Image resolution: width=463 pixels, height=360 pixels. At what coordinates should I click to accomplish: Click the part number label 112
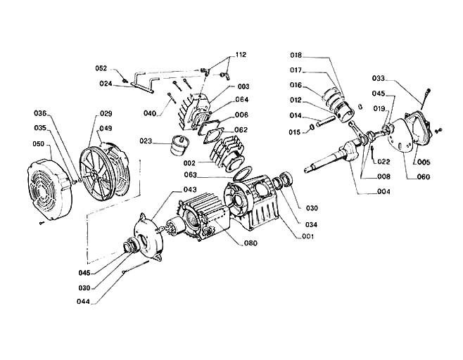pyautogui.click(x=241, y=55)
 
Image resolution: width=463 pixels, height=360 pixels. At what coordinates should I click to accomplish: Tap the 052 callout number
pyautogui.click(x=101, y=68)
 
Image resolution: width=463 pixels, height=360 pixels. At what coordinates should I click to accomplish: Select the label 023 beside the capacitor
pyautogui.click(x=146, y=141)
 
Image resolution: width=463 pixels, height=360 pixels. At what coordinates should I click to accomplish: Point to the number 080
pyautogui.click(x=251, y=243)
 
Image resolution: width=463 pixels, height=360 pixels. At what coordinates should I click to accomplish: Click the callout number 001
pyautogui.click(x=307, y=237)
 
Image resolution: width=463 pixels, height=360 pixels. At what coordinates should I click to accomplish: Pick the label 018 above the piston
pyautogui.click(x=296, y=55)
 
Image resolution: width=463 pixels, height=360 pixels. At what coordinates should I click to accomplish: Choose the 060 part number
pyautogui.click(x=424, y=177)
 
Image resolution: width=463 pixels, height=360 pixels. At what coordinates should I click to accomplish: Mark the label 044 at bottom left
pyautogui.click(x=83, y=302)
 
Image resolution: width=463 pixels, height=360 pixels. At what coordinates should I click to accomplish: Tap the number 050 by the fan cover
pyautogui.click(x=39, y=144)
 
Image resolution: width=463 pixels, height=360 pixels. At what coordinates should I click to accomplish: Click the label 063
pyautogui.click(x=191, y=175)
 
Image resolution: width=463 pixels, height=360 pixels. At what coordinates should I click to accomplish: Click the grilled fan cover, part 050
pyautogui.click(x=49, y=191)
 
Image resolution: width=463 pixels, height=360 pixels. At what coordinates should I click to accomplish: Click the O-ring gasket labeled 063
pyautogui.click(x=243, y=174)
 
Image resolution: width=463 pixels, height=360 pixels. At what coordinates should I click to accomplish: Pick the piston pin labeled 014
pyautogui.click(x=326, y=121)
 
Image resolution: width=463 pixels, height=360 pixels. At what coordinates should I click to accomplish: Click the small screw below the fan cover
pyautogui.click(x=42, y=224)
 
